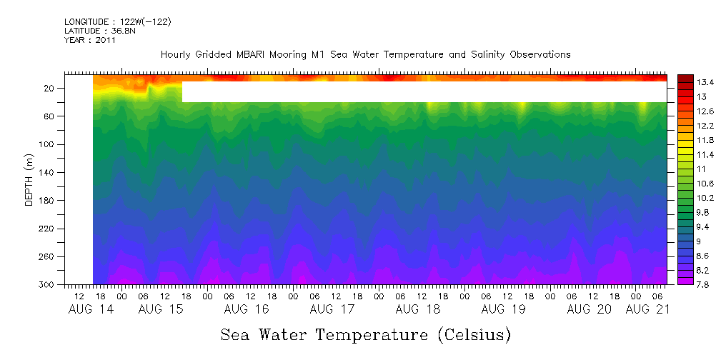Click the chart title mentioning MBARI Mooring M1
pyautogui.click(x=365, y=54)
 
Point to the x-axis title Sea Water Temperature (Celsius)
pyautogui.click(x=365, y=334)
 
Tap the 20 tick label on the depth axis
pyautogui.click(x=50, y=89)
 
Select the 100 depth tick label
pyautogui.click(x=48, y=144)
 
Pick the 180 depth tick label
pyautogui.click(x=48, y=201)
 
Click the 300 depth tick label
pyautogui.click(x=48, y=284)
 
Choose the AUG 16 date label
pyautogui.click(x=246, y=309)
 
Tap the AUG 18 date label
pyautogui.click(x=417, y=309)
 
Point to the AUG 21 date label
pyautogui.click(x=647, y=309)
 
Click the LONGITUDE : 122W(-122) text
pyautogui.click(x=117, y=22)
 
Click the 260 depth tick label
pyautogui.click(x=48, y=256)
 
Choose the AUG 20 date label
pyautogui.click(x=589, y=309)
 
